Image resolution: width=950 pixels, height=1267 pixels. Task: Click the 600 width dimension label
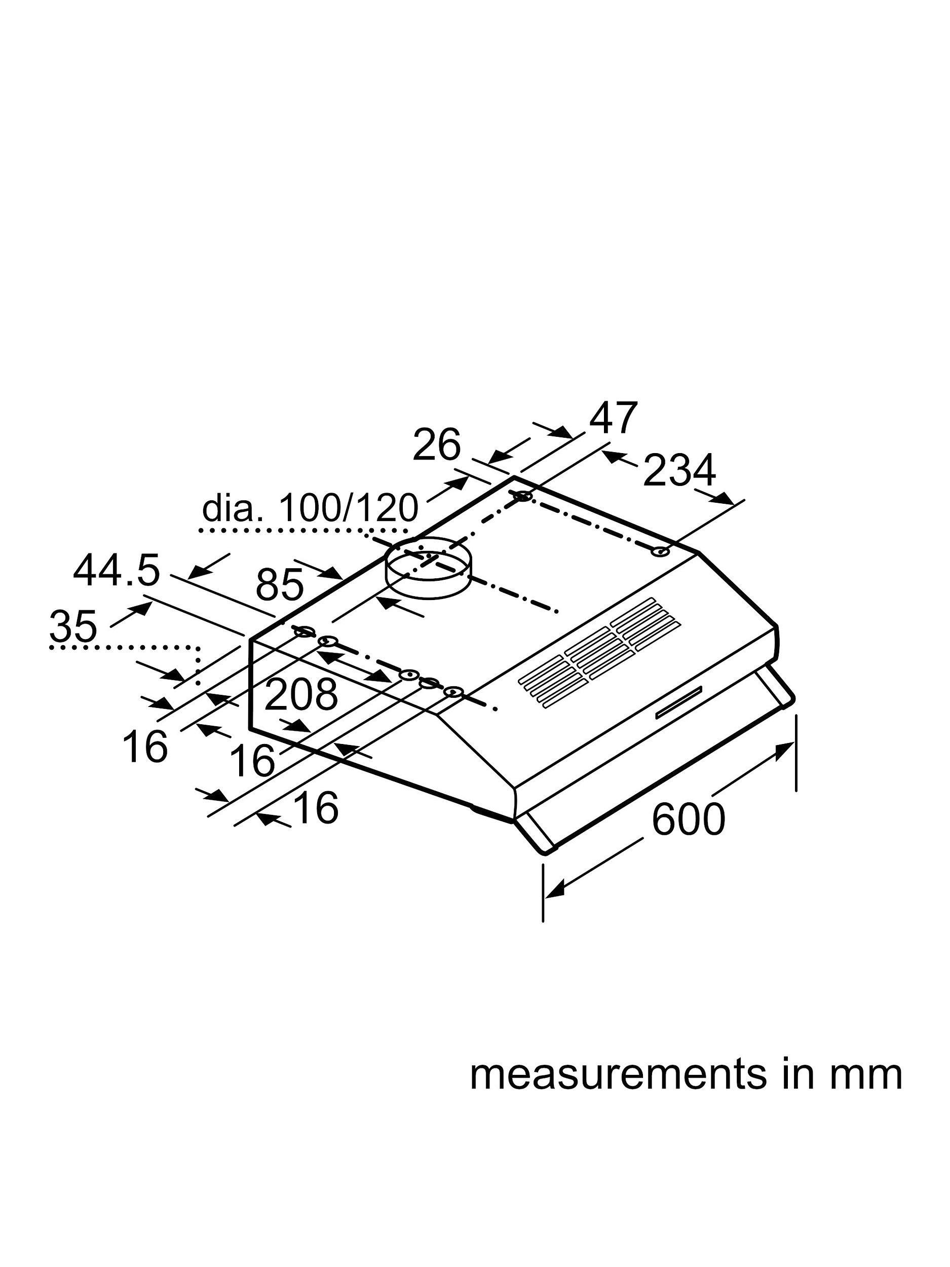tap(688, 819)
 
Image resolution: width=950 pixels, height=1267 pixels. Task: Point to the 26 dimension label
tap(436, 445)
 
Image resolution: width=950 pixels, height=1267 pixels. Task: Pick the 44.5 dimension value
tap(116, 571)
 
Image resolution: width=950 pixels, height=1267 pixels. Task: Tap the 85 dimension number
tap(279, 585)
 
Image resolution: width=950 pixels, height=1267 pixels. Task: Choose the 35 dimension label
tap(73, 626)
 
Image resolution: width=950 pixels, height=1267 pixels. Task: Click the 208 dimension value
tap(300, 694)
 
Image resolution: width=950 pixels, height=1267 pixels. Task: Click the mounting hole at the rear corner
tap(522, 496)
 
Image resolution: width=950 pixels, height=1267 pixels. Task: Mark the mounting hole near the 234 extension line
tap(661, 552)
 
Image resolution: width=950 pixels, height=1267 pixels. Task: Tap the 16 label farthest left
tap(145, 747)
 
